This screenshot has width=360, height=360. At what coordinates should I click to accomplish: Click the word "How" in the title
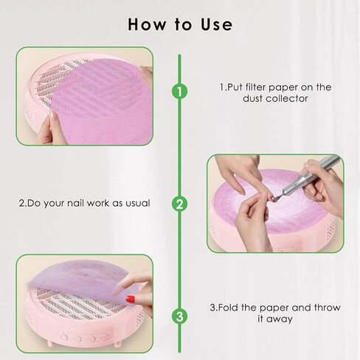[x=147, y=24]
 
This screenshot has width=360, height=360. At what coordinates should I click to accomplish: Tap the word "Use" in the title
[x=216, y=24]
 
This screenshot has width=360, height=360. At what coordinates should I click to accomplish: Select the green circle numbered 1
[x=179, y=91]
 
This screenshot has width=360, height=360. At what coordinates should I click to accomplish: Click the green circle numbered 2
[x=179, y=204]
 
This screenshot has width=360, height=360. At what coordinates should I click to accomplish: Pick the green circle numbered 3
[x=179, y=316]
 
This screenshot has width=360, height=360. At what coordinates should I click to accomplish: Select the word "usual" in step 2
[x=137, y=203]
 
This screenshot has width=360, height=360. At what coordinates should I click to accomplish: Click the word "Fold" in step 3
[x=228, y=308]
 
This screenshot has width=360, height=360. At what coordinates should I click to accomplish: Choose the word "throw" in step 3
[x=327, y=308]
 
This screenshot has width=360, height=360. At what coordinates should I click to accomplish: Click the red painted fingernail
[x=131, y=300]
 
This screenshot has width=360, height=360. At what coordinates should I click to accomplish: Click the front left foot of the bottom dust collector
[x=50, y=344]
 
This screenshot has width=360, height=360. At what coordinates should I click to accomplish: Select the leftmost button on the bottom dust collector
[x=64, y=336]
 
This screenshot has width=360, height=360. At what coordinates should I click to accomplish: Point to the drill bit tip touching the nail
[x=276, y=198]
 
